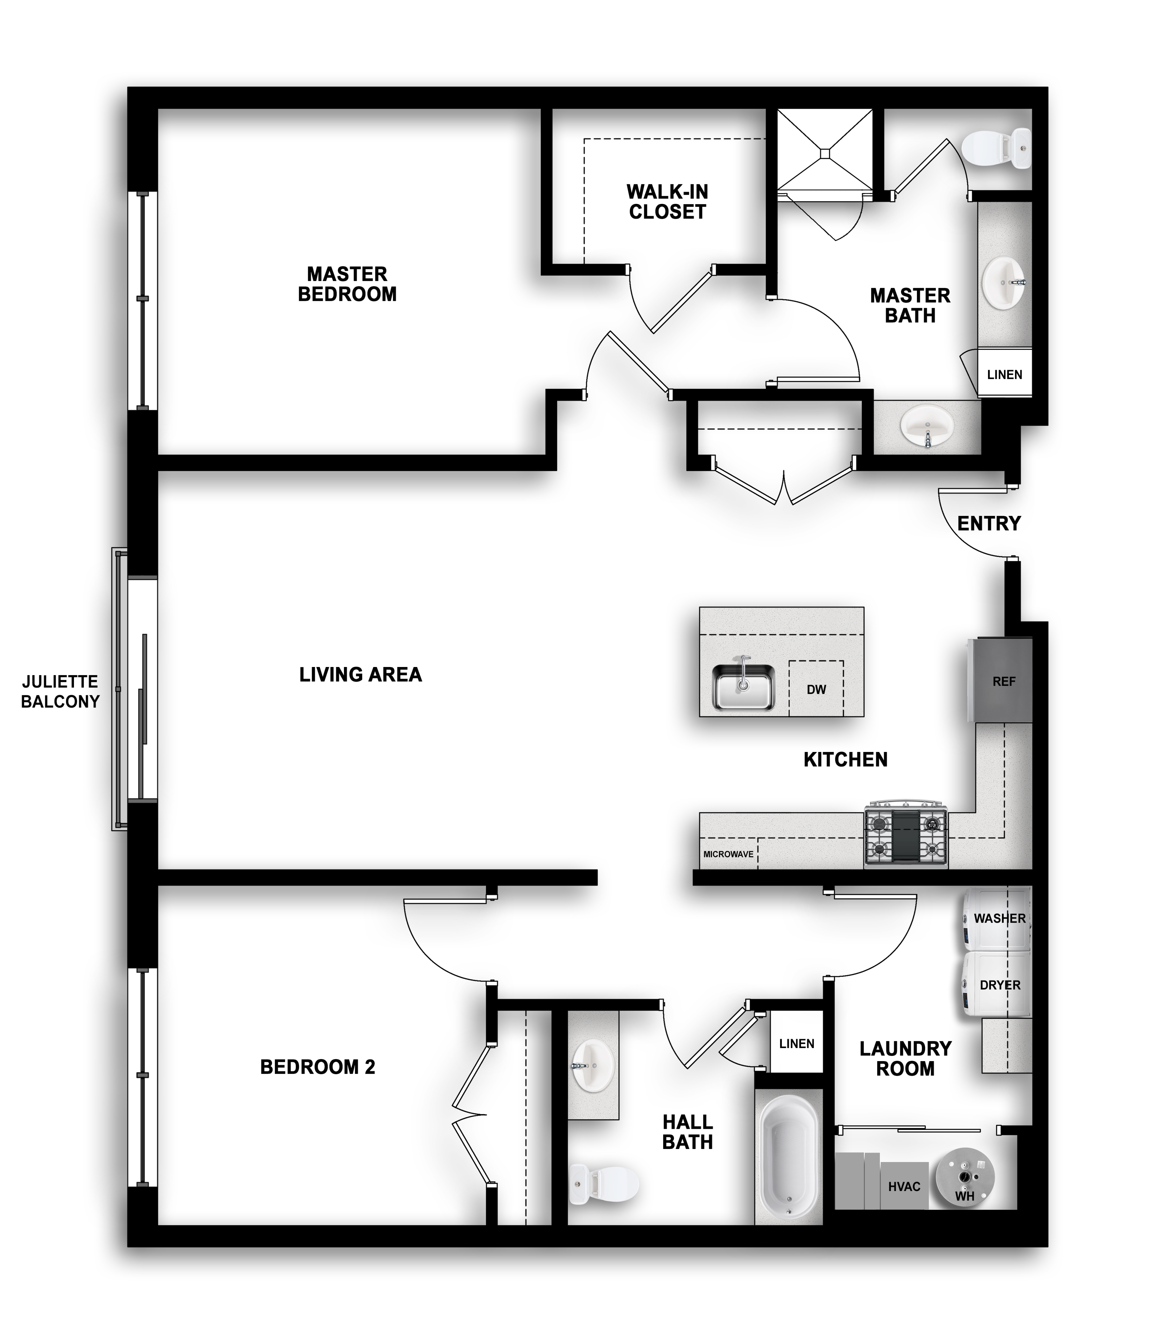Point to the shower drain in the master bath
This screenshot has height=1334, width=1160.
tap(825, 153)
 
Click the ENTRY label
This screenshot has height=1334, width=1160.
tap(988, 523)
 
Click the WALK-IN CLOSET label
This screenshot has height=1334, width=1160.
tap(667, 201)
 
